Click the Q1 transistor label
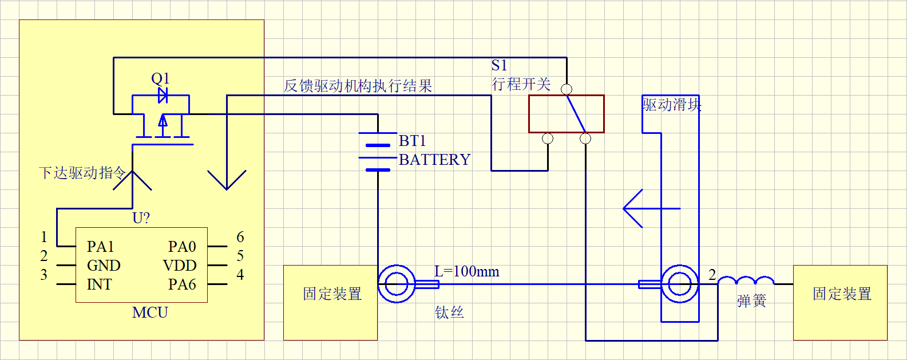[x=160, y=78]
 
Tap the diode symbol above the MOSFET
[x=163, y=95]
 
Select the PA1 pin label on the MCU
[x=100, y=247]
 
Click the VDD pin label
[x=180, y=266]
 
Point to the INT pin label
[x=99, y=284]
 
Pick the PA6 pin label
[x=182, y=284]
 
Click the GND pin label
[x=104, y=266]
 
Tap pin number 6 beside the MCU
[x=240, y=237]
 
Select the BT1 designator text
[x=412, y=141]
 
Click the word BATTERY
[x=434, y=160]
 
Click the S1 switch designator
[x=499, y=65]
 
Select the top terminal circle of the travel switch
[x=567, y=89]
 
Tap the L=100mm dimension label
[x=466, y=271]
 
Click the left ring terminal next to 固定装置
[x=396, y=284]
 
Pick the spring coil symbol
[x=746, y=281]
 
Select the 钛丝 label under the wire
[x=449, y=312]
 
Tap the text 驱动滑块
[x=671, y=105]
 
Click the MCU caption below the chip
[x=150, y=312]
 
